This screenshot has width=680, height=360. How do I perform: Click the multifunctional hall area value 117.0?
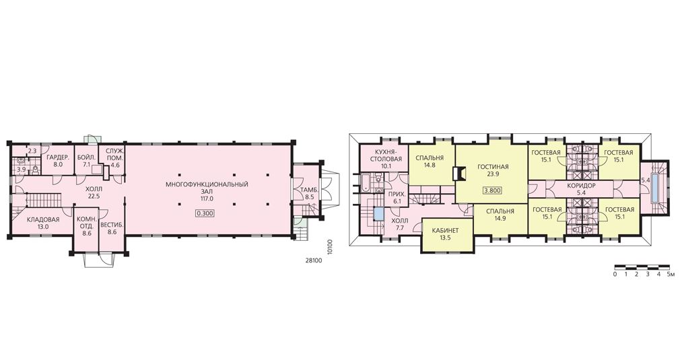click(207, 199)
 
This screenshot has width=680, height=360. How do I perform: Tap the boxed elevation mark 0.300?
click(205, 213)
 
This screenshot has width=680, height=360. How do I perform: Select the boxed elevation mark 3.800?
click(492, 190)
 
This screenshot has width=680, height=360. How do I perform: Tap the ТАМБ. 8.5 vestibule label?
click(307, 192)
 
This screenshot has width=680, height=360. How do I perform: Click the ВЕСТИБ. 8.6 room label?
click(112, 228)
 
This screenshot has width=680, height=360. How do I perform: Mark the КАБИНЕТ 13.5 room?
click(446, 234)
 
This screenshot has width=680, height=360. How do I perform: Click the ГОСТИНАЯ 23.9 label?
click(493, 170)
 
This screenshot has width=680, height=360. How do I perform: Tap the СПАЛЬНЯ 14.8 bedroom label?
click(430, 161)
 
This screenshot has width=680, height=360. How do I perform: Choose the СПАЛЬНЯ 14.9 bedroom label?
click(500, 215)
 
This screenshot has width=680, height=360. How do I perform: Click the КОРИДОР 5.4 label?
click(582, 188)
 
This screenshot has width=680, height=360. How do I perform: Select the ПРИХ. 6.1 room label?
click(395, 198)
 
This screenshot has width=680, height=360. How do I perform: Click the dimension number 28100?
click(313, 260)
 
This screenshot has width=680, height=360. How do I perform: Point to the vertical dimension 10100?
click(330, 247)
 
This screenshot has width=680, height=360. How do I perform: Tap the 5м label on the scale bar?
click(670, 275)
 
